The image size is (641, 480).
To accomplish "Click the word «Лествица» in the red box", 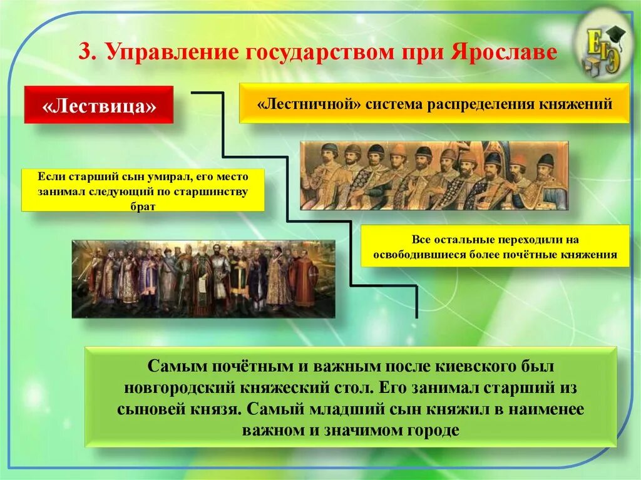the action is tap(99, 106).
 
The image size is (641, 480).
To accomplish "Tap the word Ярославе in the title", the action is tap(504, 52).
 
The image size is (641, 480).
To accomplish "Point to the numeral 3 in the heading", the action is tap(85, 52).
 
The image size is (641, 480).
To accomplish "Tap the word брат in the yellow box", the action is tap(143, 207).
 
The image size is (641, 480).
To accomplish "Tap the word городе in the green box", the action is tap(433, 431).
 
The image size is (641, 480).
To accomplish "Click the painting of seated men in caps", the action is tap(434, 175).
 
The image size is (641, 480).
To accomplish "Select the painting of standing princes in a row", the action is tap(203, 279).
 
